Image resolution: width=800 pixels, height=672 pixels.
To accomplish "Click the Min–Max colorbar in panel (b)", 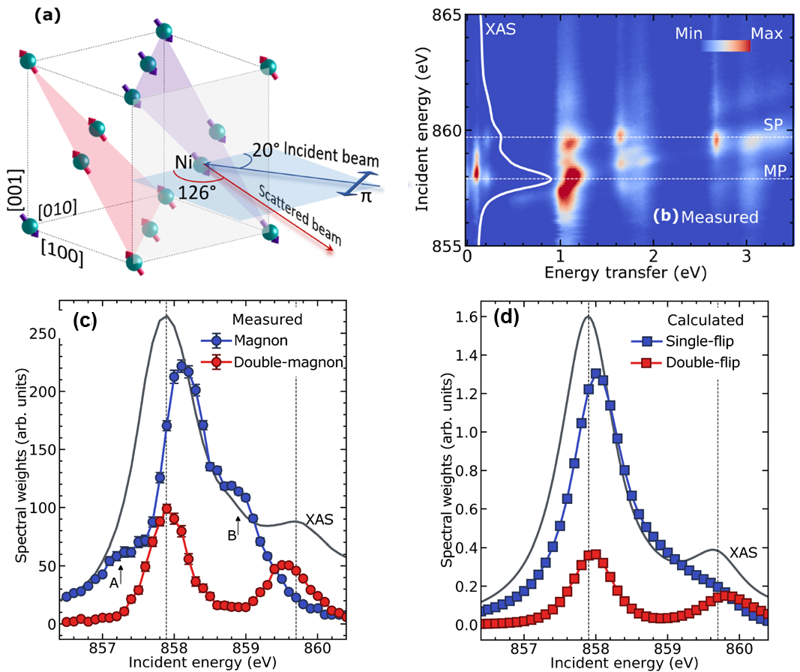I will [x=725, y=46].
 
